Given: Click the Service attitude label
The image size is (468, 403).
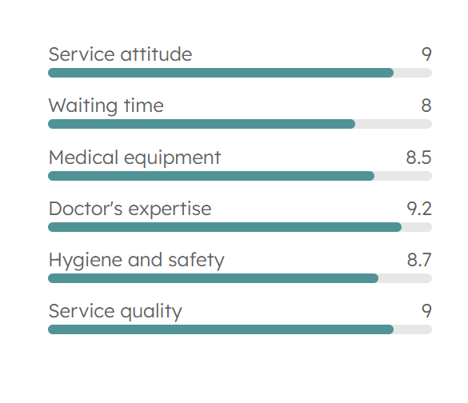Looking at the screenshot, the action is point(120,54).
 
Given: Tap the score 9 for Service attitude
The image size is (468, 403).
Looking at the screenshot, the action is point(426,54).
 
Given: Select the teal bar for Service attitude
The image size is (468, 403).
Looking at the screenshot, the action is point(221,73).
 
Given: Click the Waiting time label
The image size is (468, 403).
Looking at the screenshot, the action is point(106,106).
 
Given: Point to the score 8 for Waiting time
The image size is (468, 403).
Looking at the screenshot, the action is point(426,106).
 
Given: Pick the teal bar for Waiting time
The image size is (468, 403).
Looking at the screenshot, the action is point(202,124).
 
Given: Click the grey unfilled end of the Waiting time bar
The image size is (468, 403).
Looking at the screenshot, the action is point(394,124).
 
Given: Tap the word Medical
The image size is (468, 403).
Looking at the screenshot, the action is point(83,158).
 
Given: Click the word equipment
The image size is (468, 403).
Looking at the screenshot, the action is point(172,158).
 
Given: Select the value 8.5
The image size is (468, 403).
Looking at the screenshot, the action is point(418,158).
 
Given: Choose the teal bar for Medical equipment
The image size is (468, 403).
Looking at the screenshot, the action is point(211,176).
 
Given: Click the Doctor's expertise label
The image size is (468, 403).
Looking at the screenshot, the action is point(130,209).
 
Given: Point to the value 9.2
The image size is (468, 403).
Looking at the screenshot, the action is point(419,209).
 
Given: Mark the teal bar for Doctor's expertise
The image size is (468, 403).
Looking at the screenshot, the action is point(225,227).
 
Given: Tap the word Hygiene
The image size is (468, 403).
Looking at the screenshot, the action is point(86,261).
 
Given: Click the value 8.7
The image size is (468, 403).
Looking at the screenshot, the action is point(419,260).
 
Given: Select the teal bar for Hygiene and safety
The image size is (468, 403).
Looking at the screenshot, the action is point(213,278).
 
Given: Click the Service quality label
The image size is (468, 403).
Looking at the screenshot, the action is point(115,312).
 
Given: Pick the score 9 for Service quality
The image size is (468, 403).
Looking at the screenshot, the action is point(426,311).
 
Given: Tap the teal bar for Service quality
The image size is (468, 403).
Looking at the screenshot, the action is point(221,329).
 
